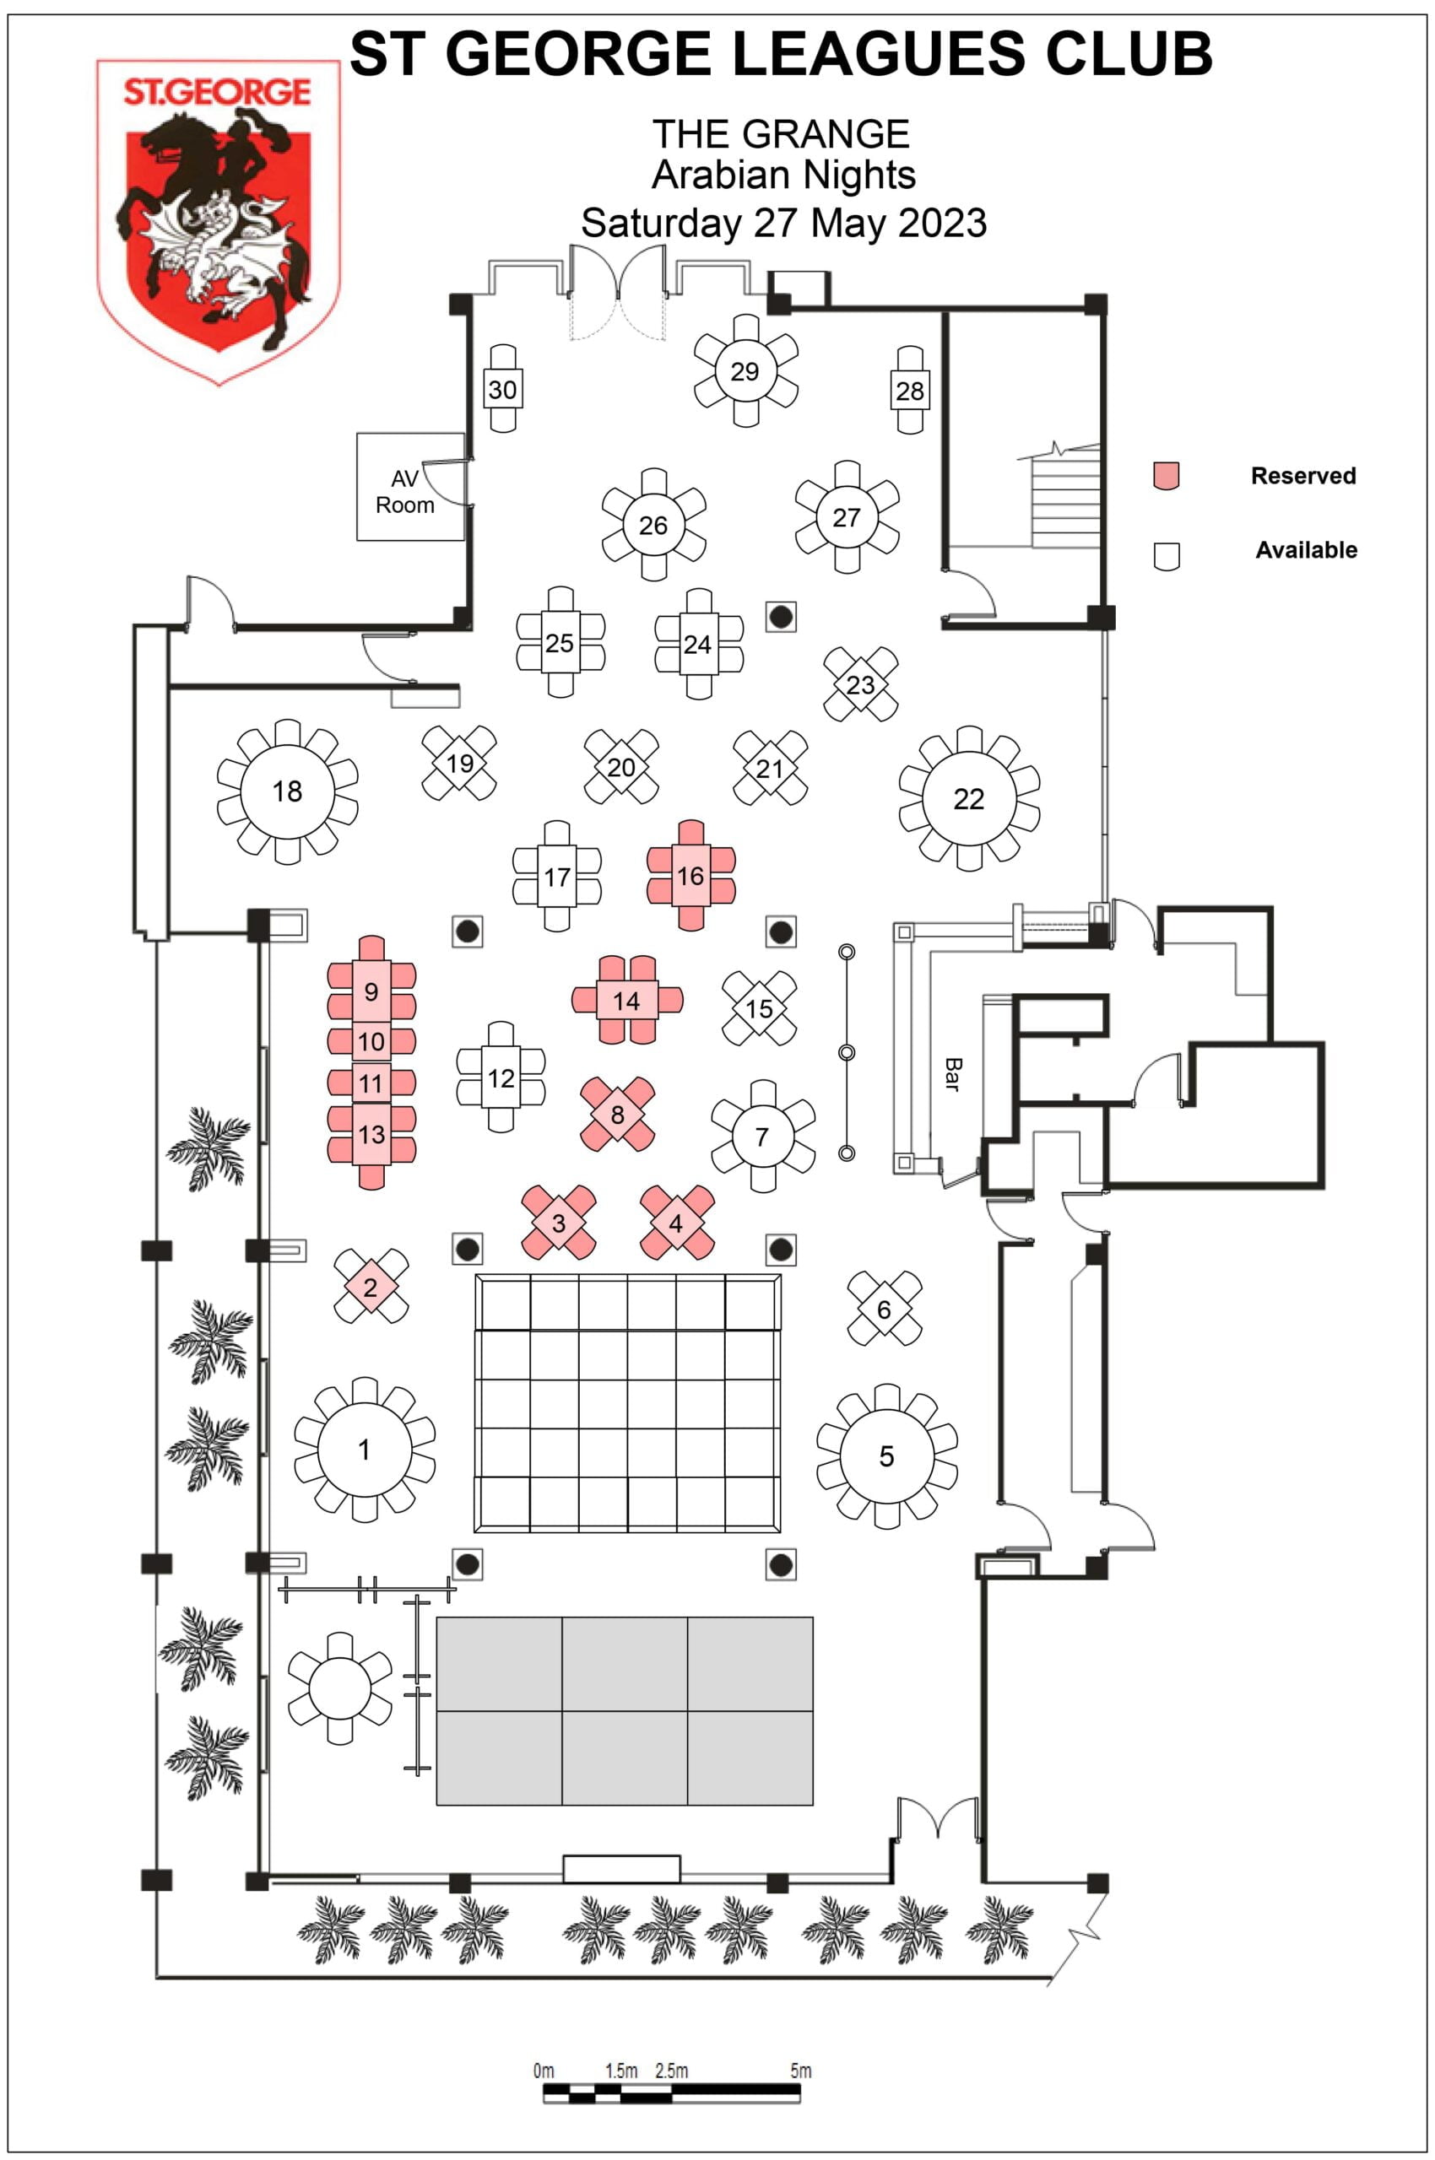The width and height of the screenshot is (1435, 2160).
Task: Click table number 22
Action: click(x=968, y=799)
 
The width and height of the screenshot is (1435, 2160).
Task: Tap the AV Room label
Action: click(x=404, y=491)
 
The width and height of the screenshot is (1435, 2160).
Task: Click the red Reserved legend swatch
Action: click(x=1165, y=475)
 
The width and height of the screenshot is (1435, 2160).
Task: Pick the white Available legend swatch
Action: click(x=1165, y=554)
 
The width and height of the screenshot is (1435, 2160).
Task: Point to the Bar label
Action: click(x=952, y=1074)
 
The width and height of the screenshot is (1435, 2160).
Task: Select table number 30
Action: click(x=501, y=390)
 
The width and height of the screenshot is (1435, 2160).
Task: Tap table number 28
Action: click(x=910, y=391)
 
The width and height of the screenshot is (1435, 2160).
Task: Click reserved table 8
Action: click(x=617, y=1115)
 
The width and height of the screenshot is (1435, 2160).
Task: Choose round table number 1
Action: click(x=365, y=1450)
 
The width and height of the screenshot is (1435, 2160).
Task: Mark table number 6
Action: click(x=883, y=1309)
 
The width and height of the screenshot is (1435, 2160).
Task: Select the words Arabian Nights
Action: click(x=783, y=175)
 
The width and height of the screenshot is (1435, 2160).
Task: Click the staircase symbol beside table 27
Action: click(x=1064, y=499)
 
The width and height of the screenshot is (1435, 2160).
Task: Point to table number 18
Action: click(x=286, y=791)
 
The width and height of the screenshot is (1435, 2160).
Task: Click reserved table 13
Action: click(x=371, y=1135)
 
